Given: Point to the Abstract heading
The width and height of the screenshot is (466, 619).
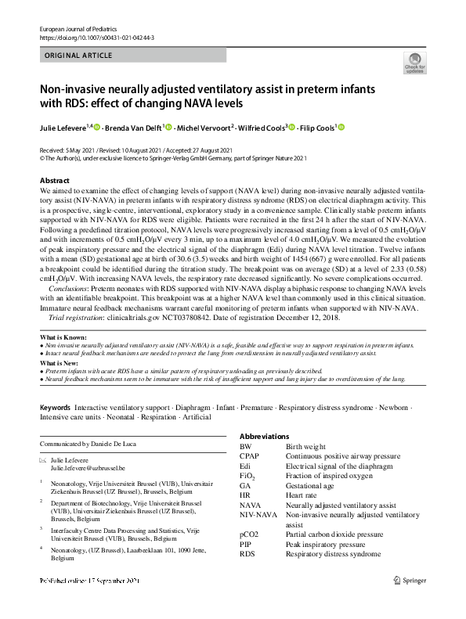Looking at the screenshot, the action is pos(54,181).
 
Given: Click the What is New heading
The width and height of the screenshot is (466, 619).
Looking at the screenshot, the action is pos(60,363).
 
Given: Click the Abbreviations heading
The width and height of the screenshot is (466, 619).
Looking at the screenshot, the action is pos(264,436).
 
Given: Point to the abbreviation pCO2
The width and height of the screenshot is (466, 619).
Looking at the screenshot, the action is pos(249,534).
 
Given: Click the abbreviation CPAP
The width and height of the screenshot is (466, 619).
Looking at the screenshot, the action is pos(249,455).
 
